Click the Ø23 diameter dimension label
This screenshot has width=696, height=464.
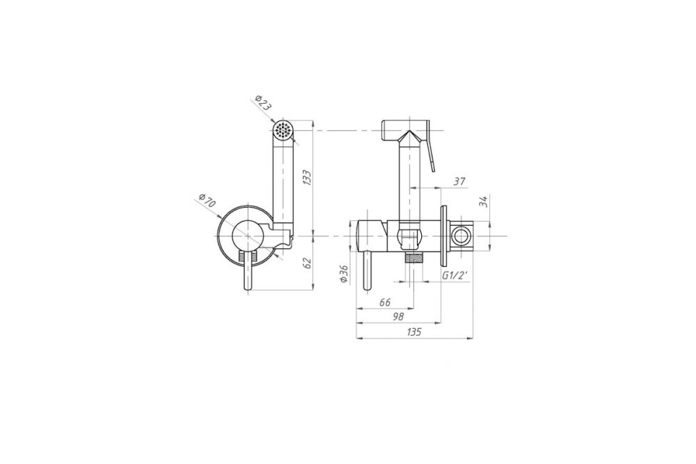264,104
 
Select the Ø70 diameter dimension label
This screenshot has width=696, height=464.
207,200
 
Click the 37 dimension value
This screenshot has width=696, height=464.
459,181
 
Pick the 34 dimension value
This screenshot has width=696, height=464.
484,201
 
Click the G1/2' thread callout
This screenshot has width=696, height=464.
455,275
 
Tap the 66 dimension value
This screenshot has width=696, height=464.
385,302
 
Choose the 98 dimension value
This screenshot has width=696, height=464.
398,316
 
